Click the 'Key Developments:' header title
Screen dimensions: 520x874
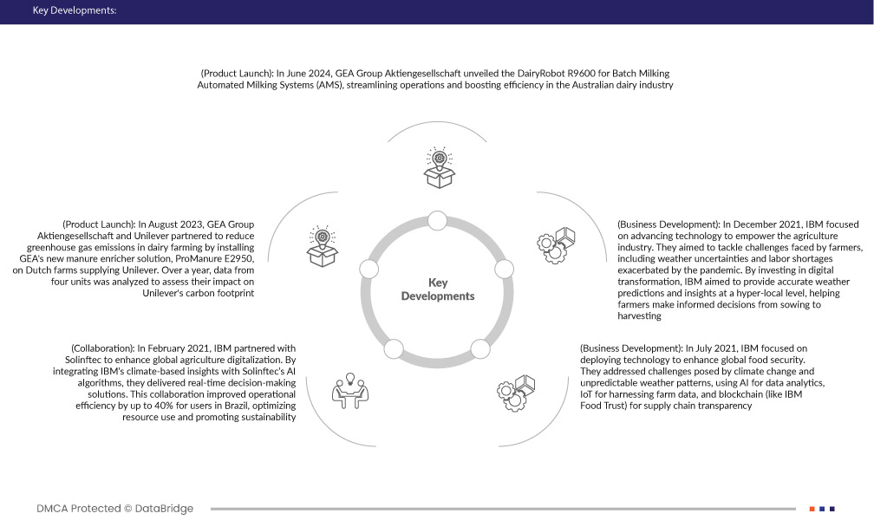[x=74, y=11]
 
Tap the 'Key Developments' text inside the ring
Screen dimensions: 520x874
[x=438, y=289]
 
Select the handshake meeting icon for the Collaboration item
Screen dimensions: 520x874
[x=350, y=390]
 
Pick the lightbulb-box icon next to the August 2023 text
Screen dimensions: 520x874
[x=323, y=246]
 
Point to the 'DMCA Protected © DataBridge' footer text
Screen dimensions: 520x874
[x=115, y=509]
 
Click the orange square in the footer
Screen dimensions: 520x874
[x=812, y=509]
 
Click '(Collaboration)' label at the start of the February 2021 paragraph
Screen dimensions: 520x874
[x=101, y=348]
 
